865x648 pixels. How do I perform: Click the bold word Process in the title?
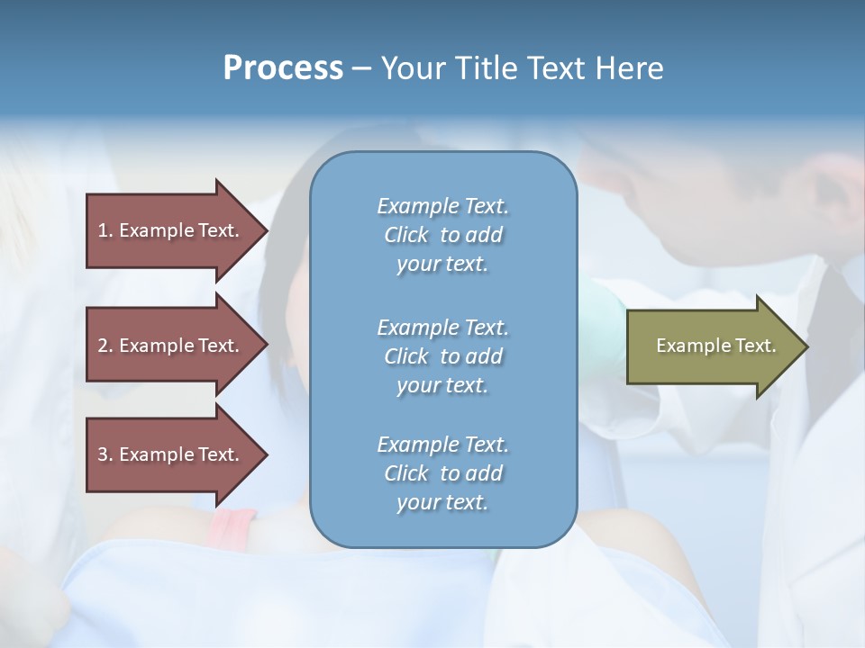pos(283,68)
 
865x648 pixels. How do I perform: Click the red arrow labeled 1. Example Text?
pos(171,230)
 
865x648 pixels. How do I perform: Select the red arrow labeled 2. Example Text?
pos(171,346)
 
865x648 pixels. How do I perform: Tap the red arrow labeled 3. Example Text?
pos(171,454)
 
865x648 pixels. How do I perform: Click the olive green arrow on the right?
pos(712,346)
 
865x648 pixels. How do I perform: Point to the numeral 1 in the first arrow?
pos(103,230)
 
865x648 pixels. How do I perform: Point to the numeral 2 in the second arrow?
pos(103,346)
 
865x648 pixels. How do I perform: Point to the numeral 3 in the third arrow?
pos(103,454)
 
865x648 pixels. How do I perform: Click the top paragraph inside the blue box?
pos(442,235)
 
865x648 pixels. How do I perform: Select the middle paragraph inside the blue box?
pos(442,356)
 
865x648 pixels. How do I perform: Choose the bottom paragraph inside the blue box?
pos(442,473)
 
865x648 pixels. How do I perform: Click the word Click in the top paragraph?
pos(406,235)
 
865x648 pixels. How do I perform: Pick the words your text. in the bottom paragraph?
pos(442,502)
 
